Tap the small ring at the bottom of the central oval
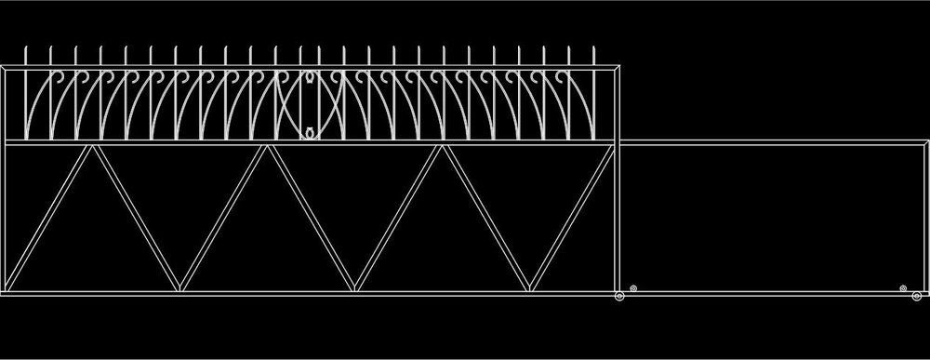(308, 135)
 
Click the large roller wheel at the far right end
(916, 297)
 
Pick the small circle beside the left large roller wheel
(633, 289)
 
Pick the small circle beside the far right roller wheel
(903, 289)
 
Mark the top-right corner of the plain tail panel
(925, 142)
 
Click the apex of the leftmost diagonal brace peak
(91, 146)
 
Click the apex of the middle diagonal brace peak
(267, 146)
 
